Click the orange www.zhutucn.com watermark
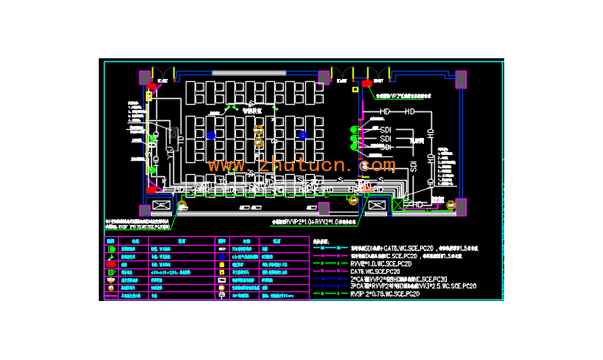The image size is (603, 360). [x=301, y=165]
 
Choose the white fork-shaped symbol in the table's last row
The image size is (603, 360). [x=221, y=296]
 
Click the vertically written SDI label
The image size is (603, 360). [x=414, y=165]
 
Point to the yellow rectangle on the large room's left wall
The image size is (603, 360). [x=149, y=96]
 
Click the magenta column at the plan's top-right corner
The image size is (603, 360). [x=461, y=77]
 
